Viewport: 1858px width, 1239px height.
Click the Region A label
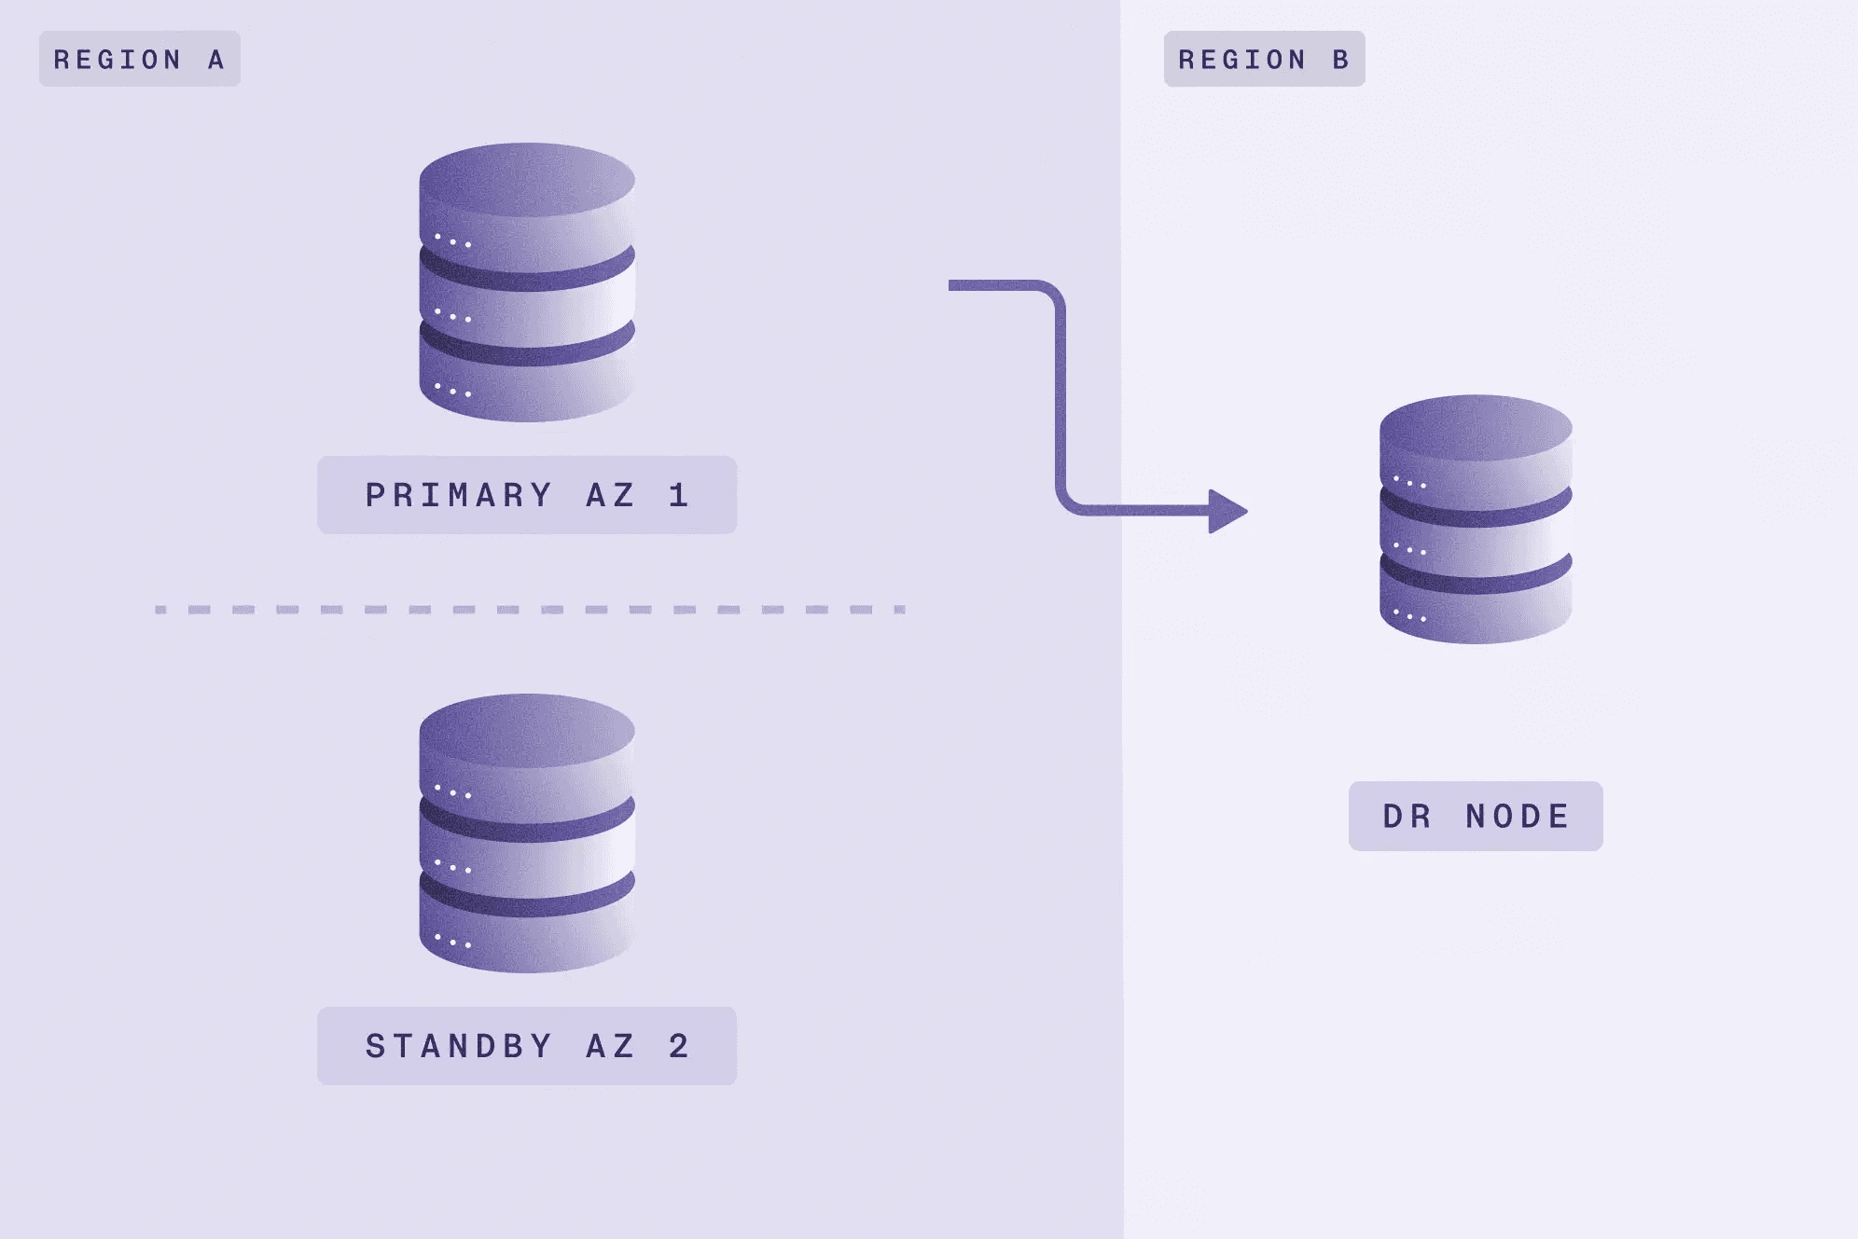click(140, 59)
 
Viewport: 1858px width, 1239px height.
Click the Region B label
click(1264, 59)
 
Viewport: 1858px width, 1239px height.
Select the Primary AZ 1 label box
click(527, 495)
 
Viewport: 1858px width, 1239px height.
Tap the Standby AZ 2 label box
click(527, 1046)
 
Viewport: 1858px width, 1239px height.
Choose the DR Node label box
click(1476, 816)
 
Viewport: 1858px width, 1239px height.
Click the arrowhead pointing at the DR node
click(1227, 511)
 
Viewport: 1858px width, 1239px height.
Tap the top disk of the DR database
click(1476, 452)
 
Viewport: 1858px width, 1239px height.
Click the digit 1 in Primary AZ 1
click(679, 495)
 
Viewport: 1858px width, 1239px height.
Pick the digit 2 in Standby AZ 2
click(679, 1046)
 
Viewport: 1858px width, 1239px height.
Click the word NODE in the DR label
click(1518, 817)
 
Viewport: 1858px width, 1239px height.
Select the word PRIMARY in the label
click(459, 495)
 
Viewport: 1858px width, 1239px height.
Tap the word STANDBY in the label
click(459, 1046)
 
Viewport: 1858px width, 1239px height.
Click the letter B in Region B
click(1340, 60)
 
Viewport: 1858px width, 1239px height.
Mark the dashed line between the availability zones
click(530, 610)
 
